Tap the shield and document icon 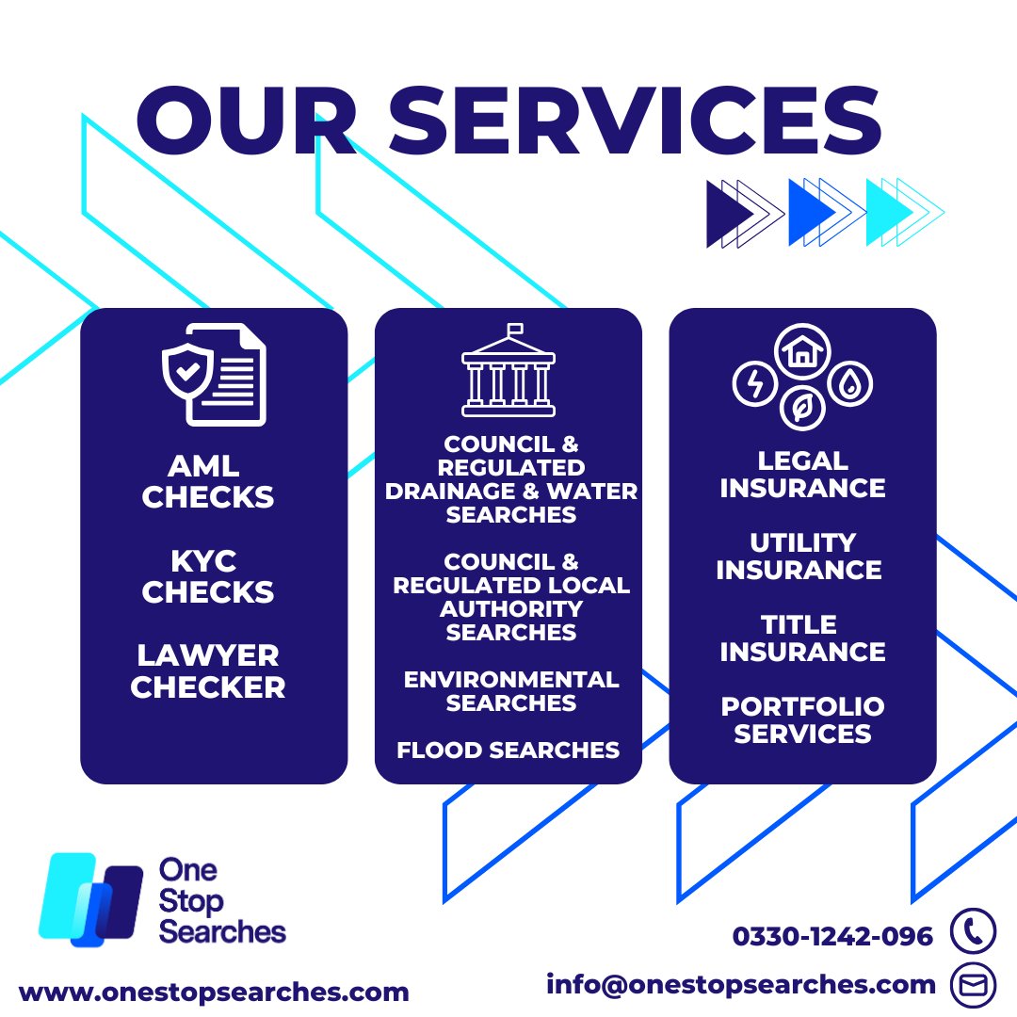click(214, 374)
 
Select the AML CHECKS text click(208, 480)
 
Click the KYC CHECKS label click(208, 576)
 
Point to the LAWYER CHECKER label click(208, 670)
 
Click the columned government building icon click(508, 371)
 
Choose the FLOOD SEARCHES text click(508, 751)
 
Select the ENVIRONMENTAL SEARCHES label click(511, 691)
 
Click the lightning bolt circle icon click(754, 384)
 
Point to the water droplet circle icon click(851, 384)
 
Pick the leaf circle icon click(802, 409)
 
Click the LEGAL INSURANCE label click(802, 474)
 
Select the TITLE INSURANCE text click(802, 638)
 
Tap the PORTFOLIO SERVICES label click(802, 719)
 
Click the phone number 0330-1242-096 click(832, 936)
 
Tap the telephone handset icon click(973, 931)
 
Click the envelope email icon click(973, 985)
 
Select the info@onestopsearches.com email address click(741, 985)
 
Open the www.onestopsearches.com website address click(214, 992)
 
